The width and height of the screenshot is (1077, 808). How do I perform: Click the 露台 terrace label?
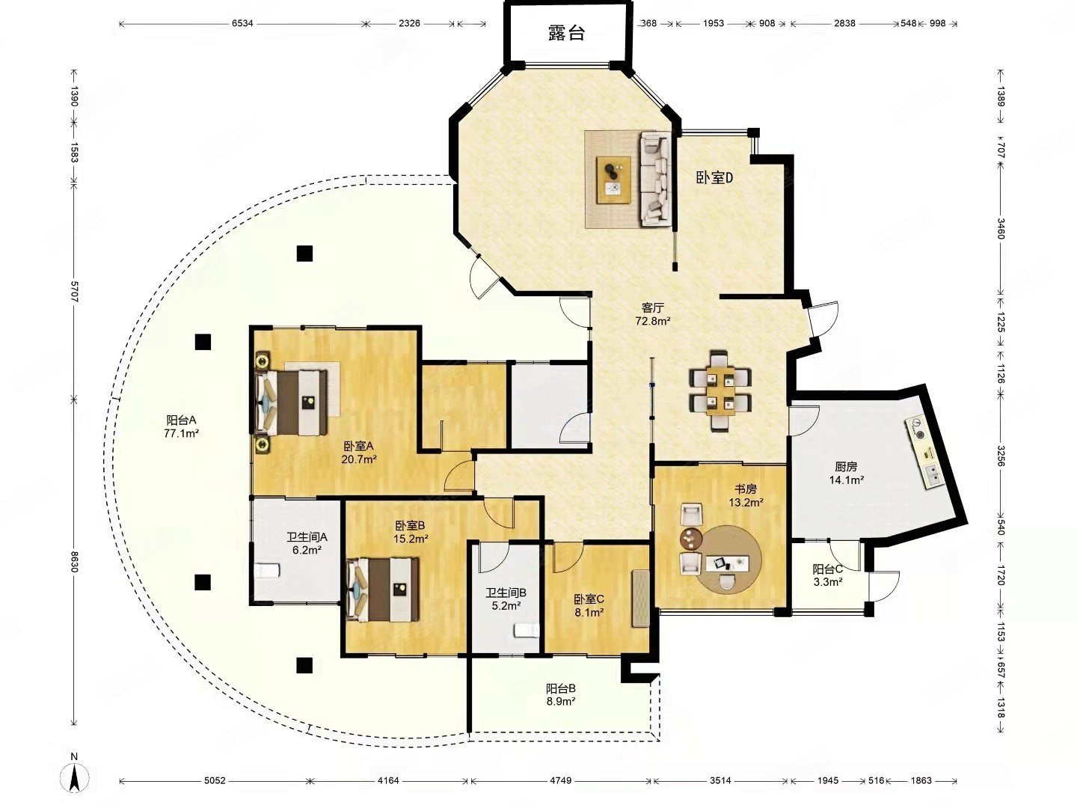click(x=566, y=33)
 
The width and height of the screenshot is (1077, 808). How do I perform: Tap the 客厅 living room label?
click(x=653, y=307)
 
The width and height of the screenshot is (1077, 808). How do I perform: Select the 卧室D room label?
click(x=714, y=177)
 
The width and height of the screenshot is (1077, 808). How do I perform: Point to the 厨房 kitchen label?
click(x=846, y=467)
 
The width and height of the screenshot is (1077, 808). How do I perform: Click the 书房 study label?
click(x=745, y=489)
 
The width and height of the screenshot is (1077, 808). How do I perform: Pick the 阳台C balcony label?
click(x=828, y=569)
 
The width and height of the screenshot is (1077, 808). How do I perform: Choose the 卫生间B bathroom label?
click(x=506, y=593)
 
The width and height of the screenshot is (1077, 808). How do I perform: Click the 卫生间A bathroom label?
click(x=307, y=537)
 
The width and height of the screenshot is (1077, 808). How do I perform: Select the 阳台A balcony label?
click(x=181, y=420)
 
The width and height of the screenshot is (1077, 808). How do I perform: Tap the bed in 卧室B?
click(x=383, y=590)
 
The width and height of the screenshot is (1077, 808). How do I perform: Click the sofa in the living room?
click(x=655, y=180)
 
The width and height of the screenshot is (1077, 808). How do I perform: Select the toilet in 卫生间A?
click(x=268, y=570)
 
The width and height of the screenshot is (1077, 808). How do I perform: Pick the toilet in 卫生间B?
click(x=527, y=630)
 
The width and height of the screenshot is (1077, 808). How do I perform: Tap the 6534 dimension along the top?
click(x=242, y=23)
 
